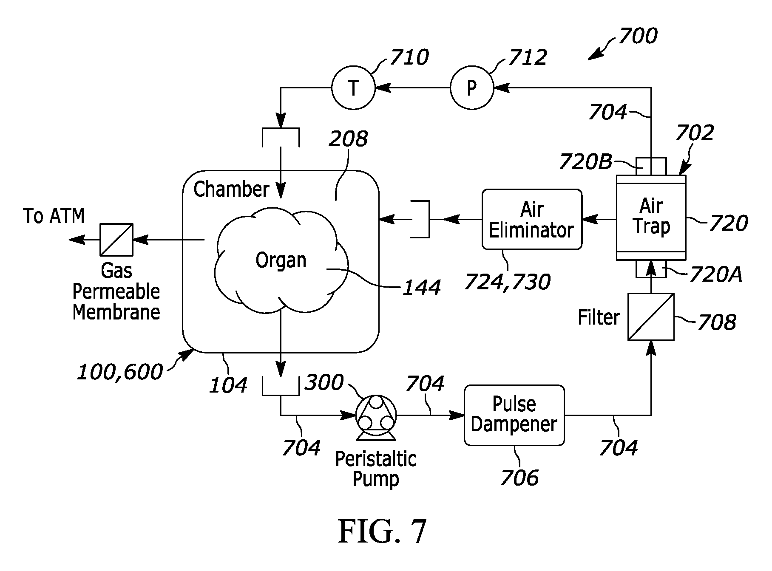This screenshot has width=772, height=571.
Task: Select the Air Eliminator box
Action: click(532, 219)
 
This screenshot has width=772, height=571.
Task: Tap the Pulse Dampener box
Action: click(514, 415)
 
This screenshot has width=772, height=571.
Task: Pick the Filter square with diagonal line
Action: click(651, 317)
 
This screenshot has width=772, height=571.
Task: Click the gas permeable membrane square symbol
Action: click(116, 240)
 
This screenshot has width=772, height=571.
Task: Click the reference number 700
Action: click(638, 36)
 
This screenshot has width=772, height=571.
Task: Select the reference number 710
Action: click(409, 57)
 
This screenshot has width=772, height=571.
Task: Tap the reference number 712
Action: click(527, 57)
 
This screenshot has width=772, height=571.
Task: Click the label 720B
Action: click(585, 161)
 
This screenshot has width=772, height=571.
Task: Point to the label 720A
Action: click(716, 274)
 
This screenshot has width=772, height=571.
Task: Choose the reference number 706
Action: click(519, 477)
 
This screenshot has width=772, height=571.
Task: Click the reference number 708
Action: click(717, 322)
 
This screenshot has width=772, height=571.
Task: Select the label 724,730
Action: click(507, 281)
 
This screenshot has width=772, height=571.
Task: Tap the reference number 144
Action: click(421, 288)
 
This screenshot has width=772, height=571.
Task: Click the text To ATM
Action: click(54, 216)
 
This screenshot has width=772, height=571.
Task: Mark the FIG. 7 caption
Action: click(382, 531)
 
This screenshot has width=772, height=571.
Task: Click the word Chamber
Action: click(232, 189)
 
